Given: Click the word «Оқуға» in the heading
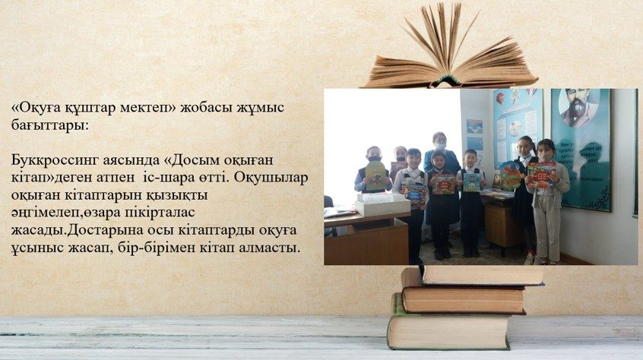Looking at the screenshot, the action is point(39,108).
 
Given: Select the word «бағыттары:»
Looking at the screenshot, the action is point(49,125).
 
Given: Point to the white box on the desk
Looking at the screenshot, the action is point(382,204).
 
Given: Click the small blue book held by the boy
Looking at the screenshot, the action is point(471,183).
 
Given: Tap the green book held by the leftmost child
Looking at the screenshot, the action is point(376,175).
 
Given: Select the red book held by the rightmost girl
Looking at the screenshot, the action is point(541,175).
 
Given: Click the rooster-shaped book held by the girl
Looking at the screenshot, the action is point(510,175).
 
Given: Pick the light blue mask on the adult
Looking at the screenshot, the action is point(439,146).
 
